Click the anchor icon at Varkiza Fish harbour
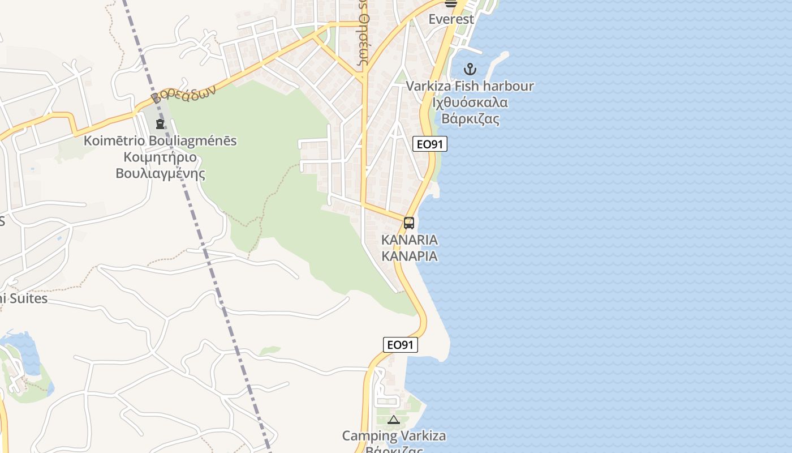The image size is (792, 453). [x=470, y=69]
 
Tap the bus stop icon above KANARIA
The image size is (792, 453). [x=409, y=223]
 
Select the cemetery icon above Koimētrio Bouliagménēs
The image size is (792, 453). [x=160, y=123]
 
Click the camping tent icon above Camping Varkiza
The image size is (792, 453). [x=394, y=420]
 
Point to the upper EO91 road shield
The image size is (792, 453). [x=429, y=144]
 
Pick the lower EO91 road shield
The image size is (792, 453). [x=401, y=345]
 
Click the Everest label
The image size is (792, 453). [x=451, y=19]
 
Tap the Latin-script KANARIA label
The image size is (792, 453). [x=409, y=240]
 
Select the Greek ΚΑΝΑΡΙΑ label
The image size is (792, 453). [x=409, y=256]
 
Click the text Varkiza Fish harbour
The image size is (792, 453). [x=470, y=87]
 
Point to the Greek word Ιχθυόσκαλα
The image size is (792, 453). [x=470, y=103]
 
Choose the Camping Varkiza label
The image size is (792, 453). [x=394, y=436]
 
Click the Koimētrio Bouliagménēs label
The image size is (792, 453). [x=160, y=140]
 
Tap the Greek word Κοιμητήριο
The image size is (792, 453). [x=160, y=157]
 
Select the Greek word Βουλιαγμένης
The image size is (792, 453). [x=160, y=173]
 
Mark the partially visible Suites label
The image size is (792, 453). [x=25, y=298]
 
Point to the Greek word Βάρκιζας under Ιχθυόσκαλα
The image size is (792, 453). [x=470, y=119]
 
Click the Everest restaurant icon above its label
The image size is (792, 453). [x=451, y=3]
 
